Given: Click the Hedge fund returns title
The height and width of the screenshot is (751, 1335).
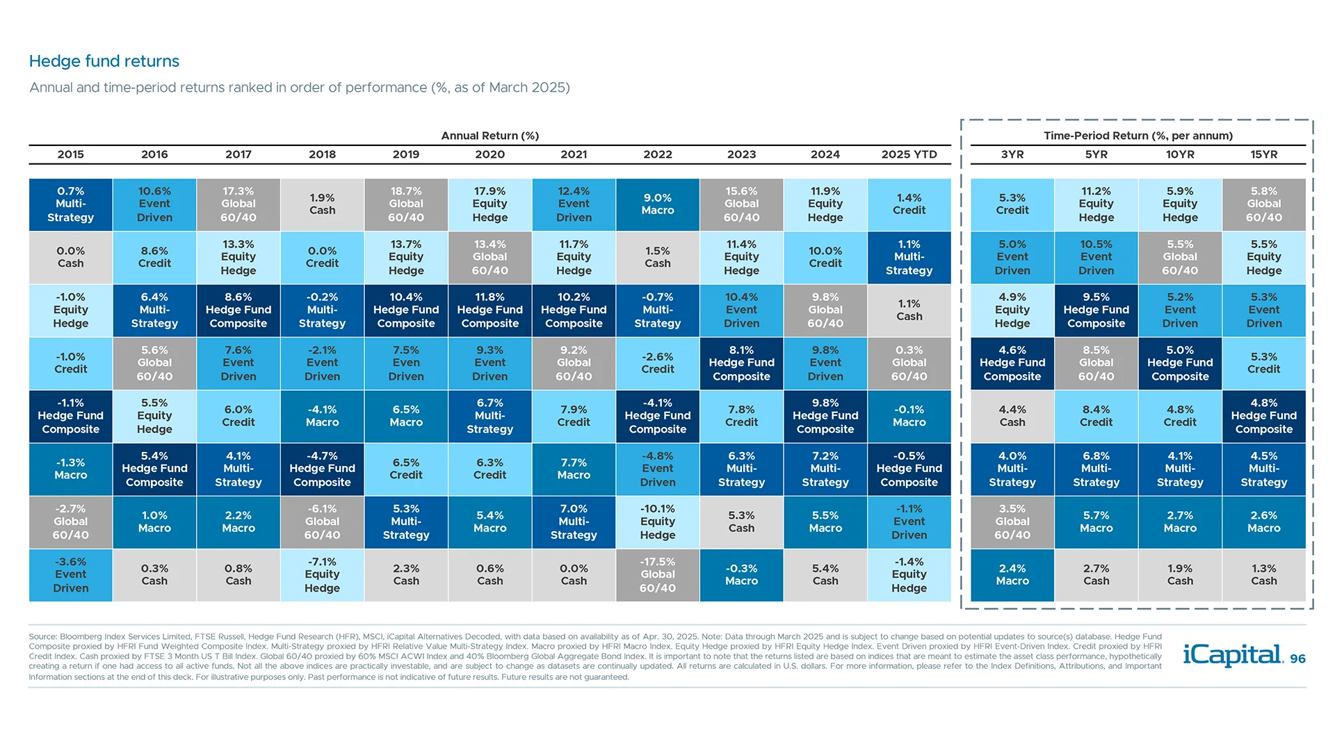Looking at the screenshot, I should pos(104,61).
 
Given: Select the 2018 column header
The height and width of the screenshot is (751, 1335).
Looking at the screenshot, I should pos(322,154).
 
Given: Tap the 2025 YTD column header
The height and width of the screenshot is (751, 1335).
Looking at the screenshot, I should pos(909,154).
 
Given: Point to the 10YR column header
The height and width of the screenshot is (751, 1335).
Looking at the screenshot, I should pos(1180,154).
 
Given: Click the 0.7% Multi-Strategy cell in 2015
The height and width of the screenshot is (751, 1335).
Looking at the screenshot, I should pos(71,204).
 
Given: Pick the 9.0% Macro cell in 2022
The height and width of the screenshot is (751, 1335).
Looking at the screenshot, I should pos(657,204).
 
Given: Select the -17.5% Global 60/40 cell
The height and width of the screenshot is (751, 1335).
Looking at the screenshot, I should pos(657,574).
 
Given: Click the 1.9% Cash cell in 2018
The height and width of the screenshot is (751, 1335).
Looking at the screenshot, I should pos(322,204).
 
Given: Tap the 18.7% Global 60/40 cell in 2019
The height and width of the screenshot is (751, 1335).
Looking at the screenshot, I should pos(406,204).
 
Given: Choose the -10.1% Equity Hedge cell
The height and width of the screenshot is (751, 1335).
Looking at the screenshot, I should pos(657,522).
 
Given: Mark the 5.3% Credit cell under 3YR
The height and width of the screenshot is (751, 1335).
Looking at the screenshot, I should pos(1012,204).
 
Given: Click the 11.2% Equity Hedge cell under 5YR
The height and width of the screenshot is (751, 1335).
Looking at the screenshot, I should pos(1096,204).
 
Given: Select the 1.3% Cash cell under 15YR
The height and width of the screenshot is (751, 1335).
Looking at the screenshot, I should pos(1263,574).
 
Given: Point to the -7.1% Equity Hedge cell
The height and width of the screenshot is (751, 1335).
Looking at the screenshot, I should pos(322,574).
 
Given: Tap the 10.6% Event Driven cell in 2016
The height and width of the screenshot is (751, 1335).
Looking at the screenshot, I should pos(154,204).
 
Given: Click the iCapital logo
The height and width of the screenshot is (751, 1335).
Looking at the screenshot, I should pos(1232,655).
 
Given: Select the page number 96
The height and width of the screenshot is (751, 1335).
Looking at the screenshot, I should pos(1297,659).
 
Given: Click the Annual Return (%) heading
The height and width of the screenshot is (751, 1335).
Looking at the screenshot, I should pos(489,136).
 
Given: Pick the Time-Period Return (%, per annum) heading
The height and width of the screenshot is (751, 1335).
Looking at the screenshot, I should pos(1138,136).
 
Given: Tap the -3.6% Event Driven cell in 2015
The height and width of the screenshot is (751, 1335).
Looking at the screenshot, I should pos(71,574).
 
